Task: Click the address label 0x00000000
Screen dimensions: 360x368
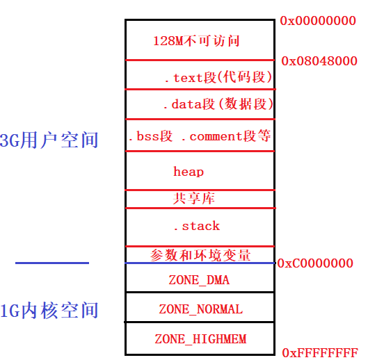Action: (318, 21)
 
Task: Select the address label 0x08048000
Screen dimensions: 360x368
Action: (319, 61)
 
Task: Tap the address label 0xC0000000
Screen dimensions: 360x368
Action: (315, 263)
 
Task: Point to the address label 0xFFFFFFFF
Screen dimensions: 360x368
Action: (320, 352)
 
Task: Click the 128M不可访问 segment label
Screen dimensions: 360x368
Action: (196, 40)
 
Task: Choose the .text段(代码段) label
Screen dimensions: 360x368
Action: (218, 77)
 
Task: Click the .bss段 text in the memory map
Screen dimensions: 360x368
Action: (150, 136)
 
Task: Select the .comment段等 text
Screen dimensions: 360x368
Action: (226, 136)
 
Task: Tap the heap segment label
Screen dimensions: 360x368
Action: (189, 171)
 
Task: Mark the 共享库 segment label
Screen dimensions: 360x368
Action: (193, 199)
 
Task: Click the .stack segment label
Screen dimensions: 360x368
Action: (196, 226)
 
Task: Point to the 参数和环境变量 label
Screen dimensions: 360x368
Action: (200, 255)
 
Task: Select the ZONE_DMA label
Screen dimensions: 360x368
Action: (199, 281)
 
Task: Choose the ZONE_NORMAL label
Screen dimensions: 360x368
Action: (200, 309)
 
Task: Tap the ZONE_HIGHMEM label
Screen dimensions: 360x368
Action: (200, 339)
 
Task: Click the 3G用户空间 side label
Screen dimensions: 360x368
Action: (49, 140)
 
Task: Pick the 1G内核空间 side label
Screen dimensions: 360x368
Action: (49, 311)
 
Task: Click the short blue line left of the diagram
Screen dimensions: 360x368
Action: (52, 263)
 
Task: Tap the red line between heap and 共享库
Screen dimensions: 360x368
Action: (200, 189)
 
